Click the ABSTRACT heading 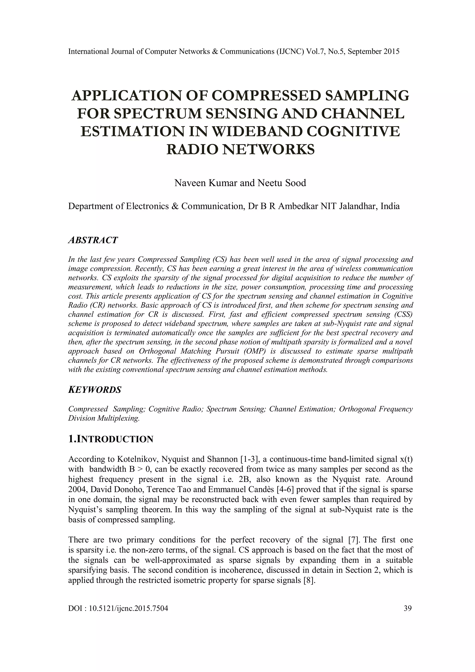[x=93, y=240]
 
